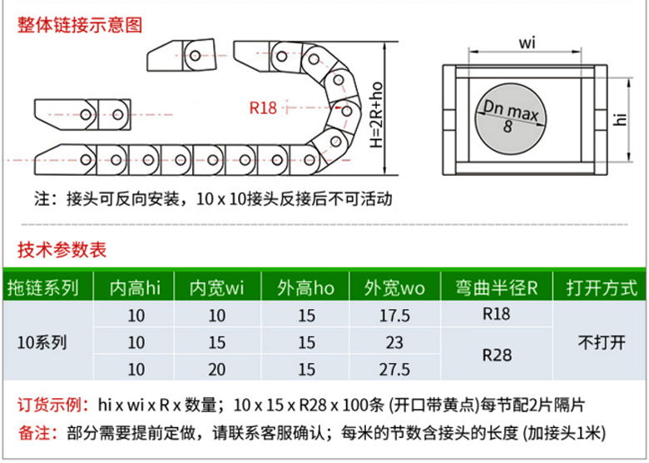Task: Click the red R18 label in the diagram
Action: pyautogui.click(x=263, y=107)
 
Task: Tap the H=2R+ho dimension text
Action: pyautogui.click(x=376, y=115)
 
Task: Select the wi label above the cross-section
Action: pyautogui.click(x=527, y=42)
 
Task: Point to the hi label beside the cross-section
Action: pyautogui.click(x=620, y=119)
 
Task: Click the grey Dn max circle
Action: pyautogui.click(x=510, y=118)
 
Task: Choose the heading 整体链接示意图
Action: pyautogui.click(x=80, y=25)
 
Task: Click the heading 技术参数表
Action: pyautogui.click(x=62, y=250)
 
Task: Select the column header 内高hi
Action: pyautogui.click(x=135, y=288)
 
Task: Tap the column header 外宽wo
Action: pyautogui.click(x=394, y=288)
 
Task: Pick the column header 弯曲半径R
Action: pyautogui.click(x=497, y=288)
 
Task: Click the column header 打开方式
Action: pyautogui.click(x=602, y=288)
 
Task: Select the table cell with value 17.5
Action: pyautogui.click(x=394, y=316)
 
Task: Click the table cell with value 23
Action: pyautogui.click(x=394, y=342)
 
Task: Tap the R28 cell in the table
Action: pyautogui.click(x=497, y=355)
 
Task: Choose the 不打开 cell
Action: pyautogui.click(x=602, y=342)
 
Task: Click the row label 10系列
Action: pyautogui.click(x=42, y=342)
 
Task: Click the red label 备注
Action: pyautogui.click(x=38, y=433)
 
